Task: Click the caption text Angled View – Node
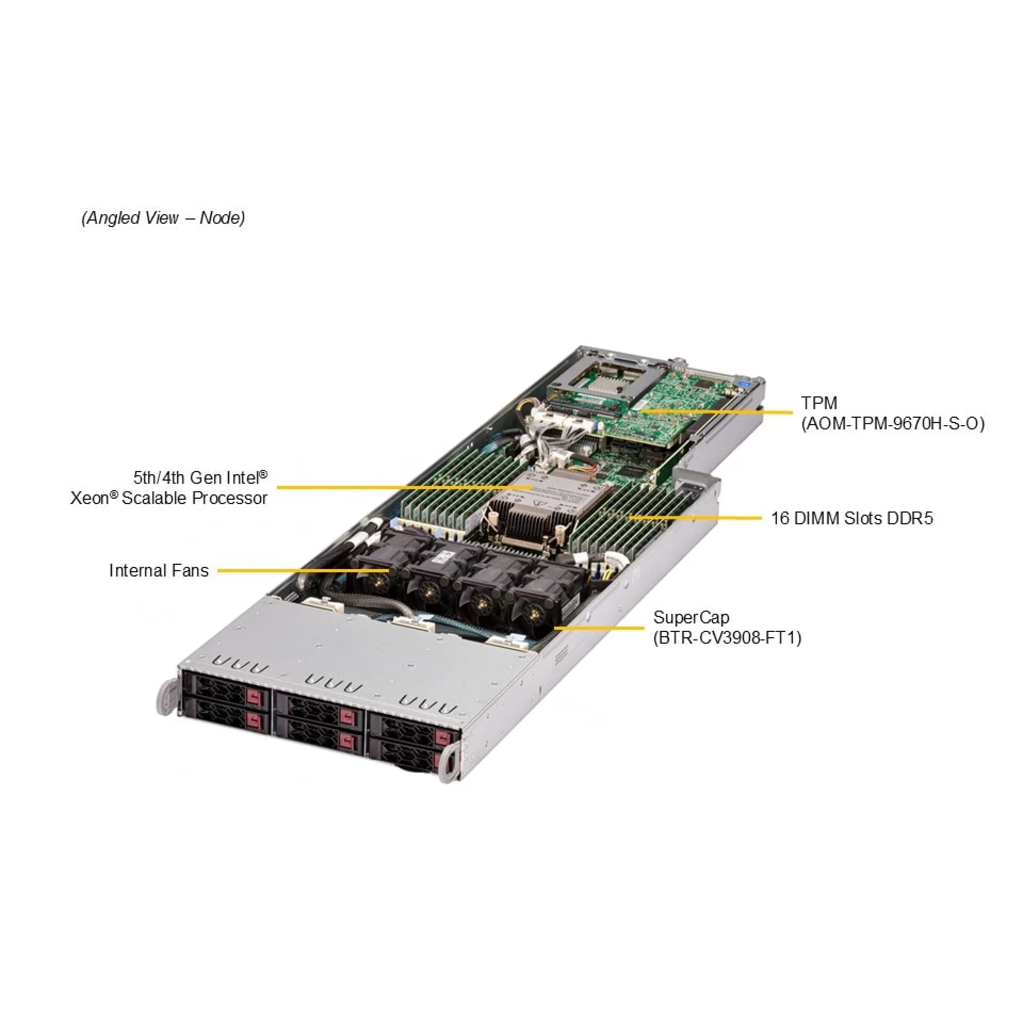coord(163,218)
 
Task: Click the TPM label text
coord(819,403)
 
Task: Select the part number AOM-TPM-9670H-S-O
coord(893,424)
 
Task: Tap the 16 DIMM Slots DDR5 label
coord(852,518)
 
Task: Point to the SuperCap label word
coord(691,618)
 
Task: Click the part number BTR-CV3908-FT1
coord(727,638)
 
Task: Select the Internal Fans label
coord(158,571)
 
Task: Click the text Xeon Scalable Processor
coord(169,498)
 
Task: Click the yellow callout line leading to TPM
coord(719,411)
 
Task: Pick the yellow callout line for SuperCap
coord(597,628)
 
